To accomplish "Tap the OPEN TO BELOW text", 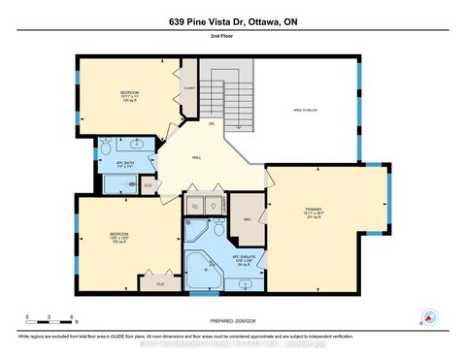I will [x=307, y=110].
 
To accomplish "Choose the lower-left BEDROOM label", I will [x=119, y=235].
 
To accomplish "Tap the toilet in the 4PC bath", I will [x=104, y=152].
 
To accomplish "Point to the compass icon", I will [x=427, y=315].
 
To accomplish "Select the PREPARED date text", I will [x=233, y=321].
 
